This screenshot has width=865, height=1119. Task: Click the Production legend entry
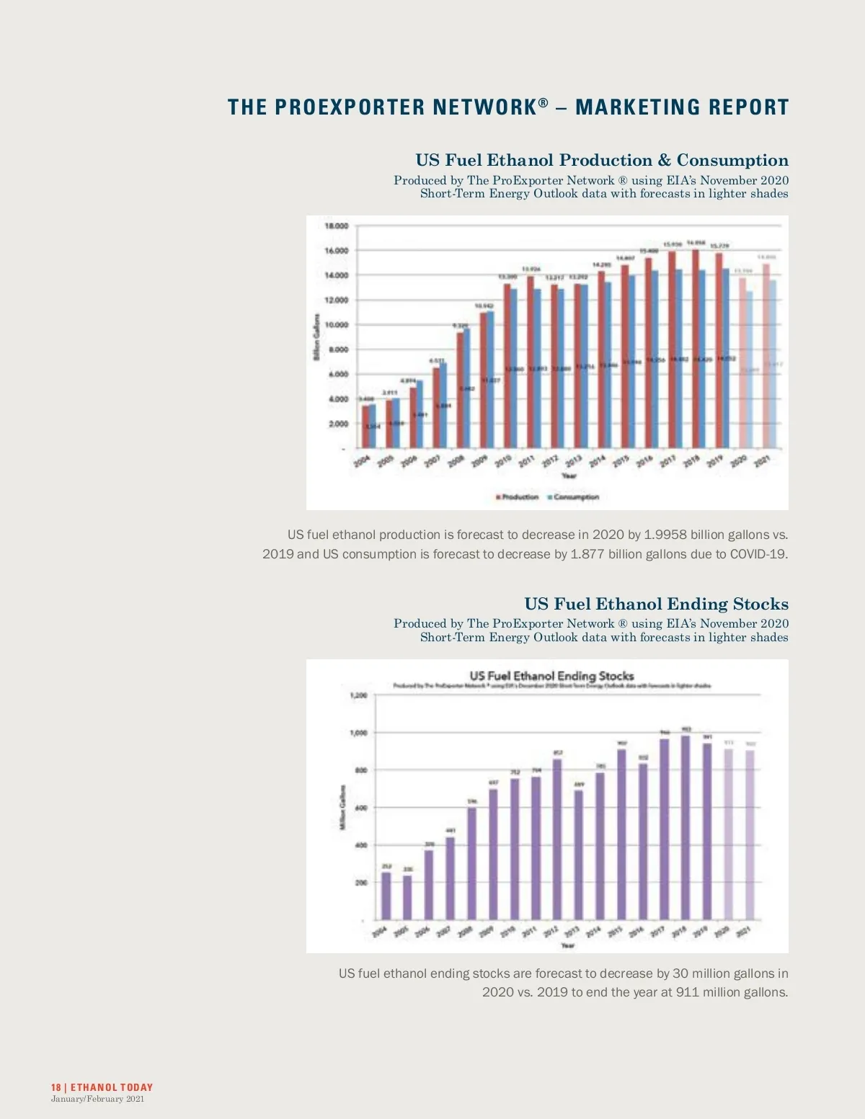518,497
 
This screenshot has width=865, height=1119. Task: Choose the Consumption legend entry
575,497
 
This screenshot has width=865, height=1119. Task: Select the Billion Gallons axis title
316,336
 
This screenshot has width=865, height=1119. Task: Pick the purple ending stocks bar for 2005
407,898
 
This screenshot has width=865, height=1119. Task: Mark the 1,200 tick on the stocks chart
358,695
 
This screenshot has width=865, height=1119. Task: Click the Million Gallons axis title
342,806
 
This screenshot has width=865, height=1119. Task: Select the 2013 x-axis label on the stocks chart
572,932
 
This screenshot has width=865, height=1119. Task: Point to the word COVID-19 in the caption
758,554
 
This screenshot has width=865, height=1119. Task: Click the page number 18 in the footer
56,1087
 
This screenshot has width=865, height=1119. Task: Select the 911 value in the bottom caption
688,992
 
